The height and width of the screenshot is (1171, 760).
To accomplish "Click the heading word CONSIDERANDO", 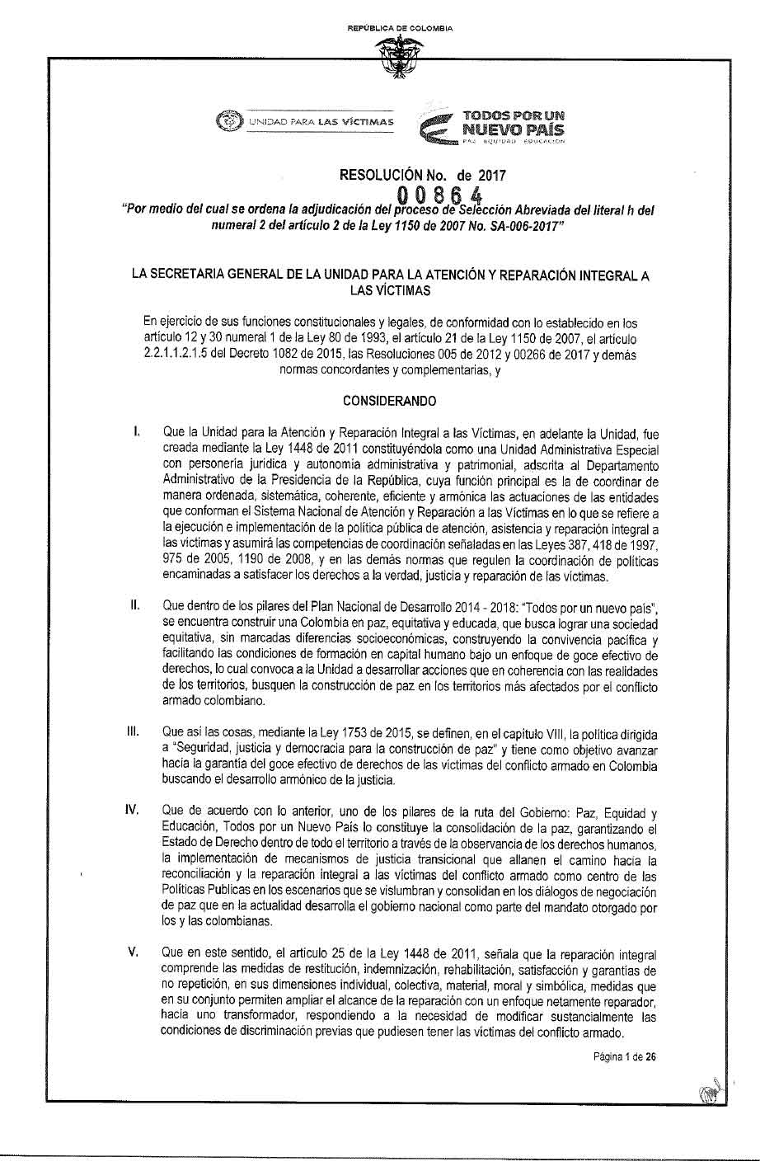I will click(390, 401).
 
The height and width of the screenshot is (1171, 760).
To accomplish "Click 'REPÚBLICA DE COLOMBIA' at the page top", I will click(400, 29).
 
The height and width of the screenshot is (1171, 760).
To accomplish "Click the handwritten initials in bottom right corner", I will click(710, 1092).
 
